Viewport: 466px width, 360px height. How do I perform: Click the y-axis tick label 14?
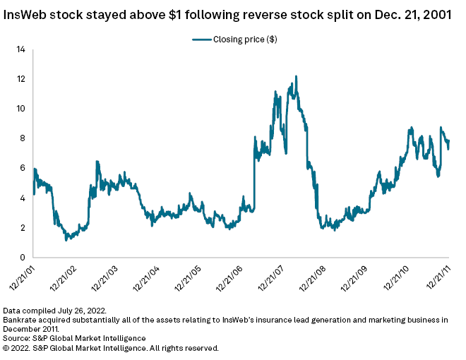20,49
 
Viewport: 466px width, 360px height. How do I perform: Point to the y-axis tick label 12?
20,79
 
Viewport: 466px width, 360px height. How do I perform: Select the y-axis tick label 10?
20,109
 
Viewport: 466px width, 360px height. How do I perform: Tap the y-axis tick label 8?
23,138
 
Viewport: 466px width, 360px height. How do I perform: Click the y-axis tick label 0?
23,258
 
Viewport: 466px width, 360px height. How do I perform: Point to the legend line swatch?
202,40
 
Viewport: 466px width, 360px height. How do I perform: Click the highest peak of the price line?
296,76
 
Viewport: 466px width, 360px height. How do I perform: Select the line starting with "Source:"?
74,339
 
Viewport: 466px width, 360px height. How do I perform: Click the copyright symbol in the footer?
7,348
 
